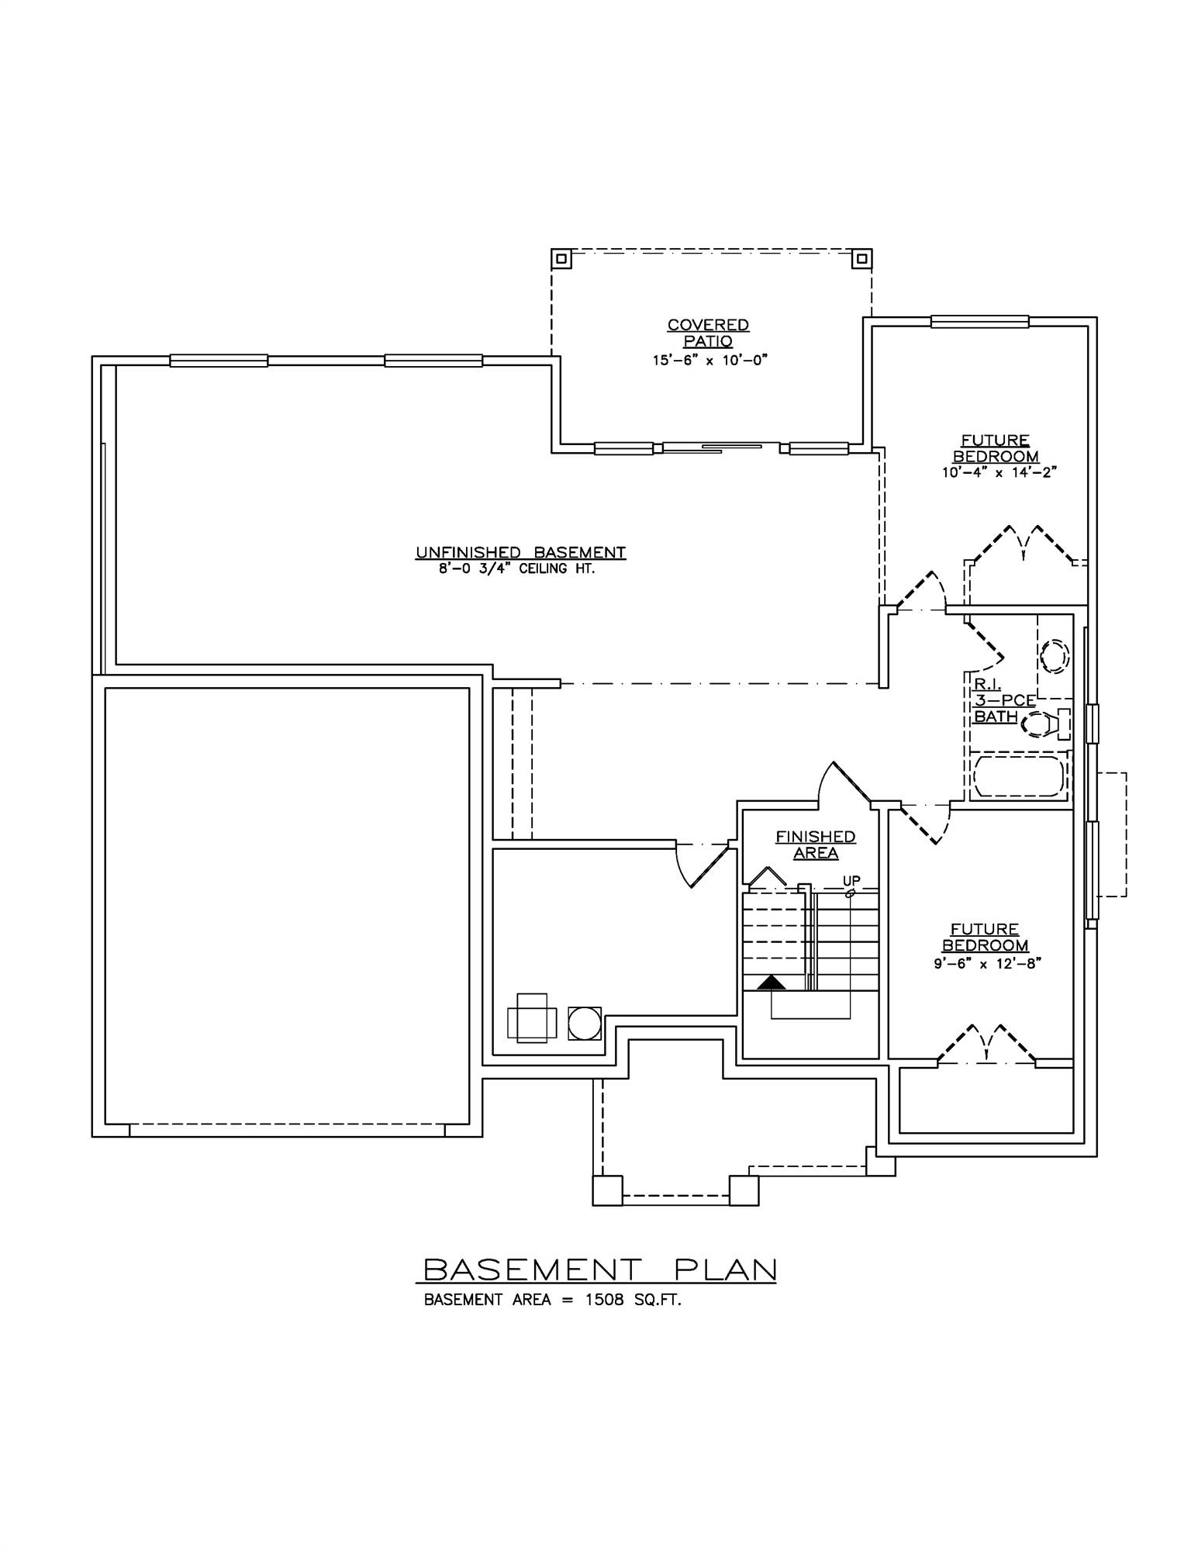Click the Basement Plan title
pyautogui.click(x=599, y=1269)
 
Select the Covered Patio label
pyautogui.click(x=708, y=333)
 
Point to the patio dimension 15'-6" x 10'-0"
pyautogui.click(x=709, y=360)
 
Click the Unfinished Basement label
pyautogui.click(x=520, y=553)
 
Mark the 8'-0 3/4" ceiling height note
pyautogui.click(x=520, y=568)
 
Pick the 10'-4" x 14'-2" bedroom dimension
pyautogui.click(x=999, y=472)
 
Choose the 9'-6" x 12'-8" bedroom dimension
pyautogui.click(x=986, y=962)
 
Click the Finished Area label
pyautogui.click(x=816, y=845)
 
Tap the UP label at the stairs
pyautogui.click(x=851, y=880)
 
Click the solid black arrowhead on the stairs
pyautogui.click(x=772, y=983)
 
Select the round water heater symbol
pyautogui.click(x=584, y=1024)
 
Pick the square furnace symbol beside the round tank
pyautogui.click(x=532, y=1018)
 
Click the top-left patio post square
pyautogui.click(x=561, y=258)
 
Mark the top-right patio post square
pyautogui.click(x=861, y=258)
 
